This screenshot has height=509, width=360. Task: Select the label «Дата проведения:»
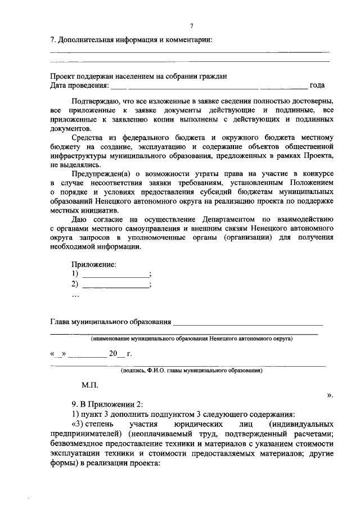point(79,85)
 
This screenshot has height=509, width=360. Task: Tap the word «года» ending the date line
point(317,85)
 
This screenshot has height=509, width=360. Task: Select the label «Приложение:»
point(93,264)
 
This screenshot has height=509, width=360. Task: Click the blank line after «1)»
point(116,274)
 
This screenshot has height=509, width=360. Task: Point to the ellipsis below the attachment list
point(76,295)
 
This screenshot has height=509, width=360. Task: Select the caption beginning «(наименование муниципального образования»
point(191,340)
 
